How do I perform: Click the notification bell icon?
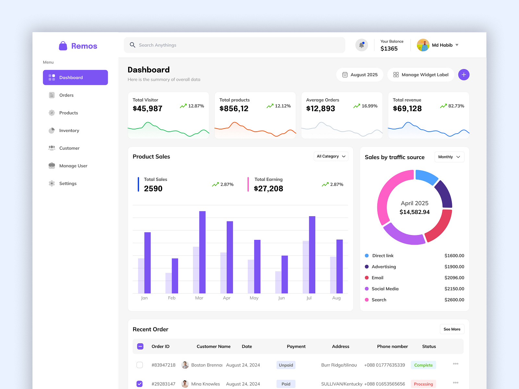click(361, 45)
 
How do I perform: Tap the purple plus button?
click(464, 75)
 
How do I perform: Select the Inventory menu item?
click(69, 130)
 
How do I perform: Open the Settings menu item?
click(67, 183)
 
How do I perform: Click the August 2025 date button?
click(360, 75)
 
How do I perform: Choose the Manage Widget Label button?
click(421, 75)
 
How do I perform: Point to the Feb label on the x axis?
click(172, 298)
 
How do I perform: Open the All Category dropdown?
click(331, 156)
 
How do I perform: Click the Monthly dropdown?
click(449, 157)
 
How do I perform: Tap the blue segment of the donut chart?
click(426, 177)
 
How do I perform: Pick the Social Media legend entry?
click(385, 289)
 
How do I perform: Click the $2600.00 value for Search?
click(454, 300)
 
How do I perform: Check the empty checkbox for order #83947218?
click(139, 365)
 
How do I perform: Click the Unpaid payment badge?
click(286, 365)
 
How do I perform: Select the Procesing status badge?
click(423, 384)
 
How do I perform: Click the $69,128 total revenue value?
click(407, 109)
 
